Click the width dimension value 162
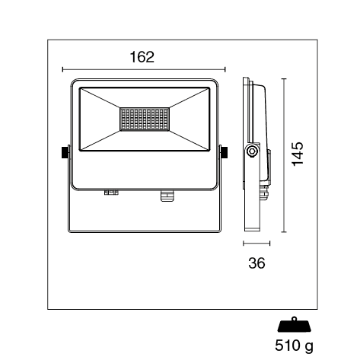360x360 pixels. click(x=142, y=57)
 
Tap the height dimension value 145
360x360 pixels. click(x=298, y=155)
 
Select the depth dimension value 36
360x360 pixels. click(x=256, y=263)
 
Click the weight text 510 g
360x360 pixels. click(x=294, y=346)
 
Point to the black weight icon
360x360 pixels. click(x=295, y=324)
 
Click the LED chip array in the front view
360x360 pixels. click(x=145, y=119)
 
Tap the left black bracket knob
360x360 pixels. click(x=65, y=152)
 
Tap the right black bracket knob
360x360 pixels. click(x=225, y=152)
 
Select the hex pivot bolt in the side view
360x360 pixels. click(x=252, y=152)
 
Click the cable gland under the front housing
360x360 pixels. click(x=167, y=196)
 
